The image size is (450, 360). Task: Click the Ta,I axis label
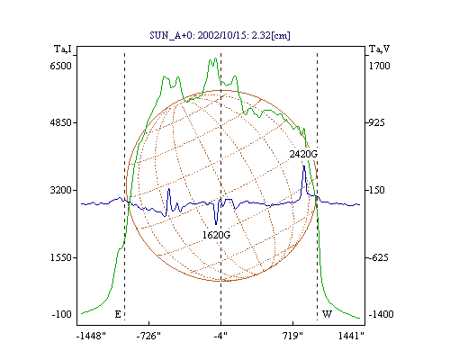click(63, 49)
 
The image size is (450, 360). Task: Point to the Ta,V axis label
click(379, 49)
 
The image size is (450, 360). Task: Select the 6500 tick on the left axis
click(60, 66)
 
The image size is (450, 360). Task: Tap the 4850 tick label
click(60, 122)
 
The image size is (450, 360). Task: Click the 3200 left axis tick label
click(60, 190)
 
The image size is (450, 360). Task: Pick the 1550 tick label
click(60, 257)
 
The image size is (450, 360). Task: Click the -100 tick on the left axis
click(62, 314)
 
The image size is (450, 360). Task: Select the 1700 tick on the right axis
click(379, 66)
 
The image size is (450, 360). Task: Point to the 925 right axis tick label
click(376, 122)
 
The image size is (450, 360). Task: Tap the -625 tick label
click(378, 257)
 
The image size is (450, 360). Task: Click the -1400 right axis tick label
click(381, 314)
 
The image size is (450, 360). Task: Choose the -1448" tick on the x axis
click(91, 336)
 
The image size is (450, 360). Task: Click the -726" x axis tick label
click(148, 336)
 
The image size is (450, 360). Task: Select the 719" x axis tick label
click(292, 336)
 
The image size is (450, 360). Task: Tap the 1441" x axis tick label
click(351, 336)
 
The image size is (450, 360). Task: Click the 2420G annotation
click(303, 154)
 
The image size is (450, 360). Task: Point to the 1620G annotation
click(216, 235)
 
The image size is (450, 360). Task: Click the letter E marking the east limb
click(118, 314)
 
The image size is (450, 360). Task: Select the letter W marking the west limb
click(327, 314)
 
